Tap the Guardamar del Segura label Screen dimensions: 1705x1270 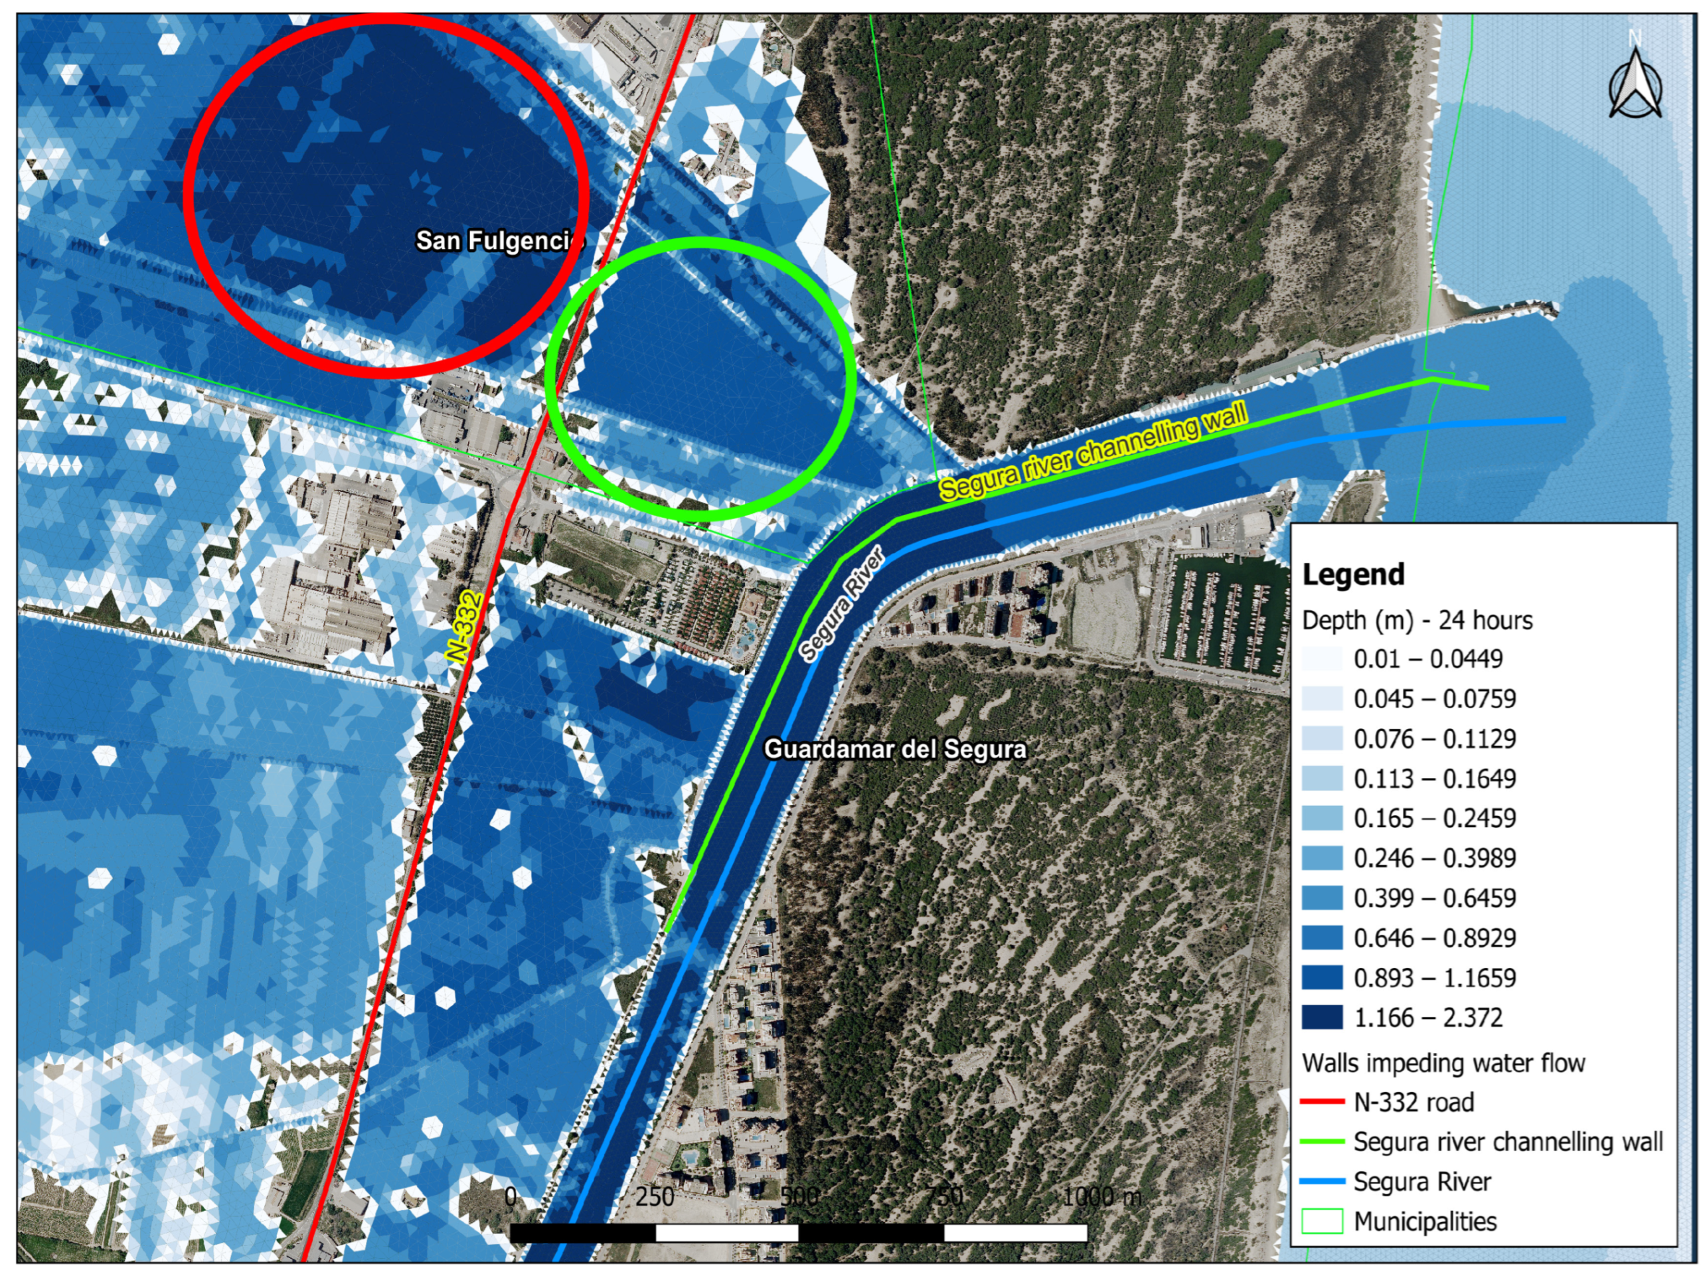895,750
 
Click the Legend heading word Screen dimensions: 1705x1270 1353,574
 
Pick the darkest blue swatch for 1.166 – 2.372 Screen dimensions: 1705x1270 1322,1017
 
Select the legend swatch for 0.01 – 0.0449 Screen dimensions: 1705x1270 1322,659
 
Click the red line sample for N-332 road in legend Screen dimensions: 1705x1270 1322,1101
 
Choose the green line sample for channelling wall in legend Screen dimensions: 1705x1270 1322,1142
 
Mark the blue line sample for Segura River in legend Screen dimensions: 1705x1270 1322,1182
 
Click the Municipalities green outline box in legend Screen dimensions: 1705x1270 1322,1222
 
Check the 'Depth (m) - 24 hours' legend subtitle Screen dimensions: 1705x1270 1417,619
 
